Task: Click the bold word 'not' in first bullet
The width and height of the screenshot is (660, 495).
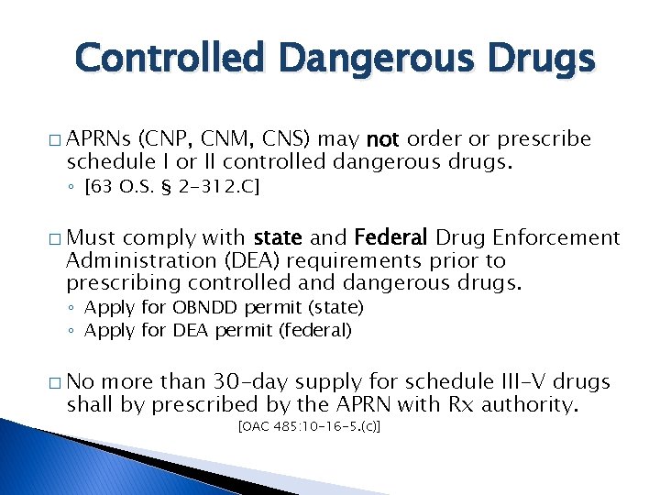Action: coord(382,139)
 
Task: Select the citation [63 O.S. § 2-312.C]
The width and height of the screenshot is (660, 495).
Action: coord(171,188)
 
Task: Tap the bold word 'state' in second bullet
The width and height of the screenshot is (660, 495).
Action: coord(279,238)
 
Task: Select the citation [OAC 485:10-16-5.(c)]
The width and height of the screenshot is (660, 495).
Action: coord(309,427)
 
